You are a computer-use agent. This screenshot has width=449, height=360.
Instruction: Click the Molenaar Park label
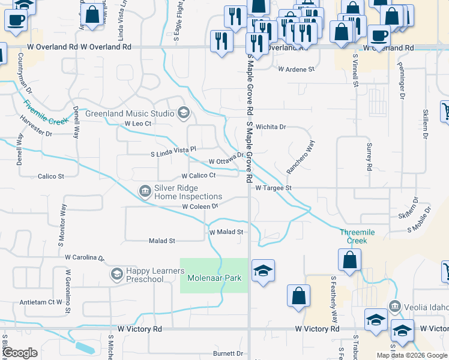tap(214, 278)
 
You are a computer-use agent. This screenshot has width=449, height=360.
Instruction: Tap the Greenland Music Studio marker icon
tap(184, 113)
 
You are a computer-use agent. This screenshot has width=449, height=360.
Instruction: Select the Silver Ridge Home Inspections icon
tap(145, 191)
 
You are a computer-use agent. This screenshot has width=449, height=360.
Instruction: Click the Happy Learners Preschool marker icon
tap(116, 274)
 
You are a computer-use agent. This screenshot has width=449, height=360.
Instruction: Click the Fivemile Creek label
tap(47, 112)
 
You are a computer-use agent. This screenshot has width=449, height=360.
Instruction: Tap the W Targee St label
tap(273, 188)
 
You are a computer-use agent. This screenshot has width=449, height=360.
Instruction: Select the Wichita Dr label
tap(271, 127)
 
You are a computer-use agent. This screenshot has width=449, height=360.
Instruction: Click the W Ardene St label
tap(296, 69)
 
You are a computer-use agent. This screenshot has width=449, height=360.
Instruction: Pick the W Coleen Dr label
tap(200, 206)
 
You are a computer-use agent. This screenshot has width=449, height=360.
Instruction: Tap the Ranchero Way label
tap(300, 157)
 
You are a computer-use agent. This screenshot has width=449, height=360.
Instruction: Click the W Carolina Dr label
tap(85, 257)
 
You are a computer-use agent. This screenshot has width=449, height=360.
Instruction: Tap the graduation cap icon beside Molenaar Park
tap(263, 271)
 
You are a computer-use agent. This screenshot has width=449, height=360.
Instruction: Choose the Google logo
tap(20, 353)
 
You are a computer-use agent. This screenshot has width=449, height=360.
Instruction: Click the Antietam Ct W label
tap(41, 302)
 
